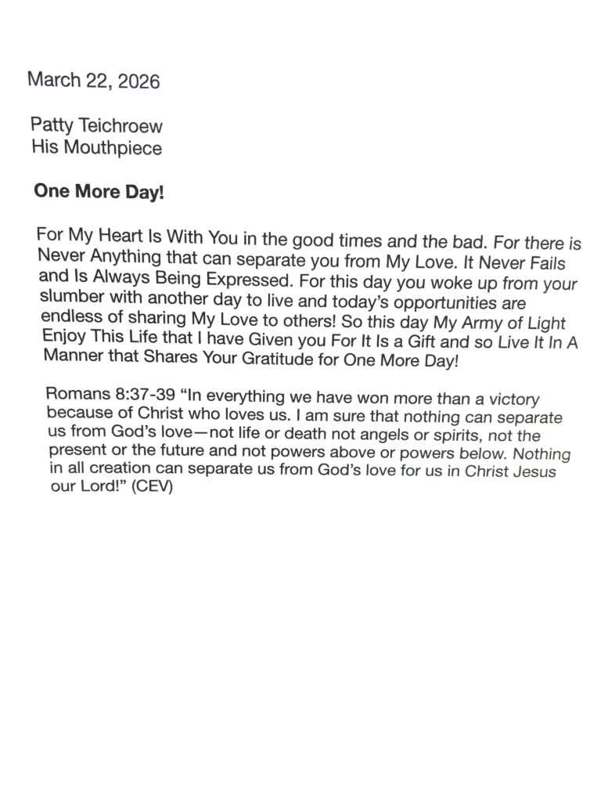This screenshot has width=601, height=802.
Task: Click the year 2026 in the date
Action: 139,82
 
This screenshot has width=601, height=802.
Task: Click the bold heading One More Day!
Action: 99,192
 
